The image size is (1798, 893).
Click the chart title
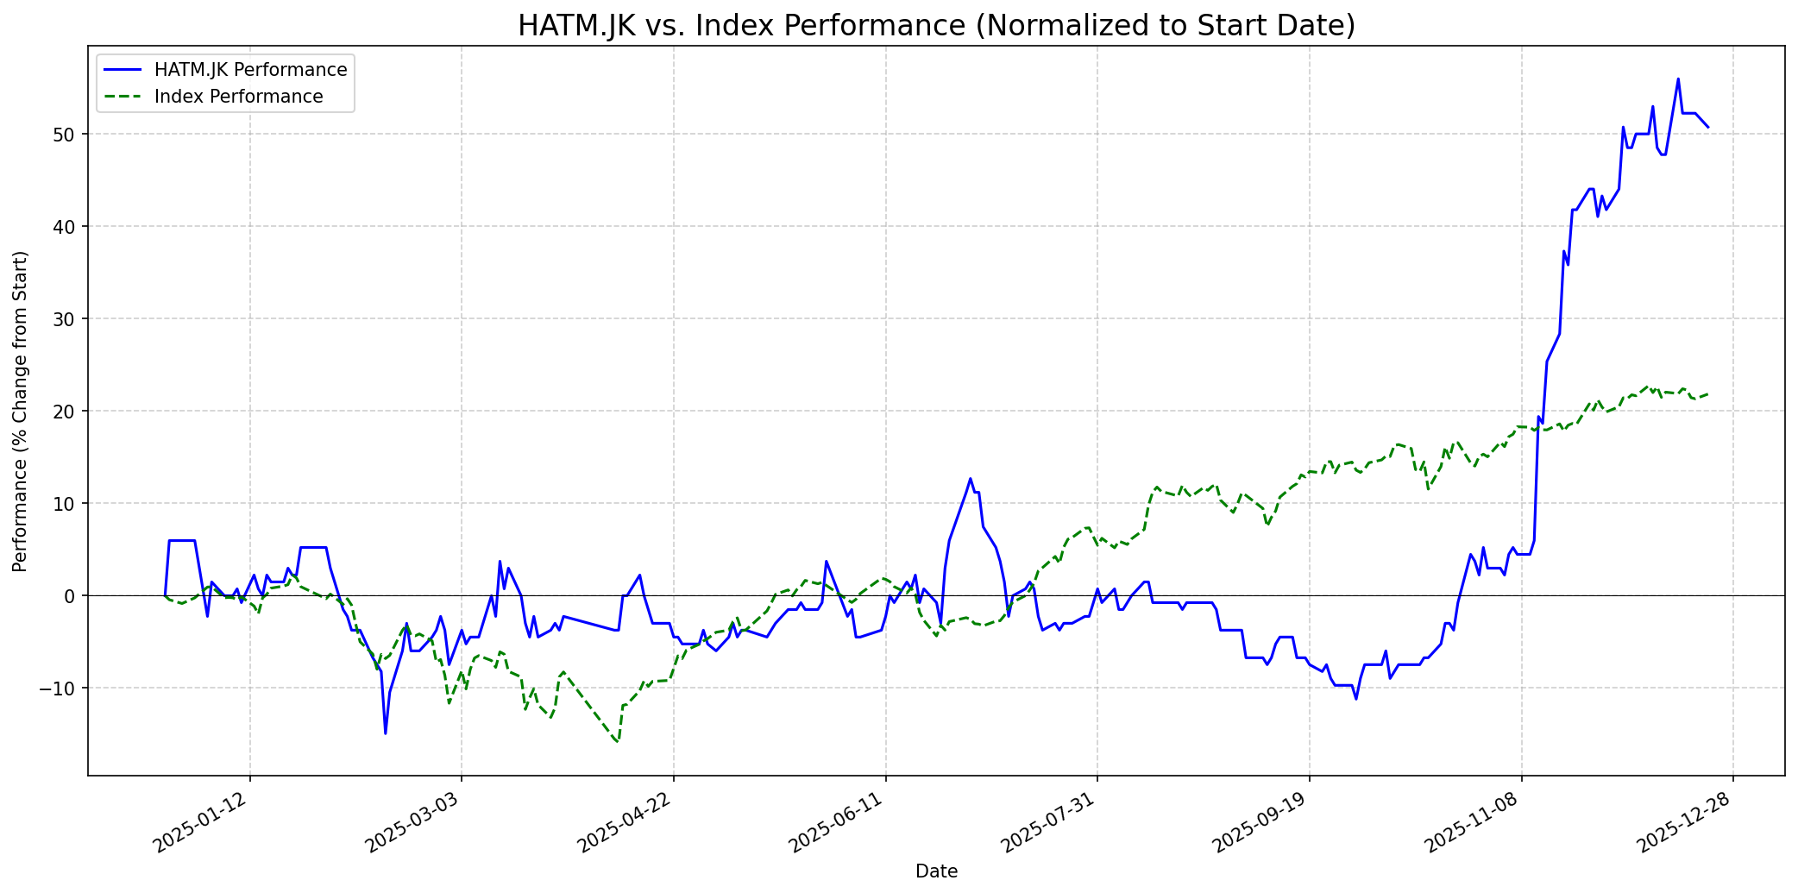[936, 26]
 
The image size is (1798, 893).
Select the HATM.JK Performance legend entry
[250, 70]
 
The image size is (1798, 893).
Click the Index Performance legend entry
[238, 97]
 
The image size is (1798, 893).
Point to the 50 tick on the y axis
[68, 134]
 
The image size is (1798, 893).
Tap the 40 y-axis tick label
[68, 226]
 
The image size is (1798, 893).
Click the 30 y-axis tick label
[68, 318]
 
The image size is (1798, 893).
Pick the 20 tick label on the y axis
[68, 411]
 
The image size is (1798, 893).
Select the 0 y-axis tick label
[72, 595]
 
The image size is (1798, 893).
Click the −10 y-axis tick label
[62, 688]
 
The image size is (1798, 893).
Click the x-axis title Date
[936, 871]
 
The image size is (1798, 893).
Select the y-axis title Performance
[21, 411]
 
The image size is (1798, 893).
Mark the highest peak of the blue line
[1678, 79]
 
